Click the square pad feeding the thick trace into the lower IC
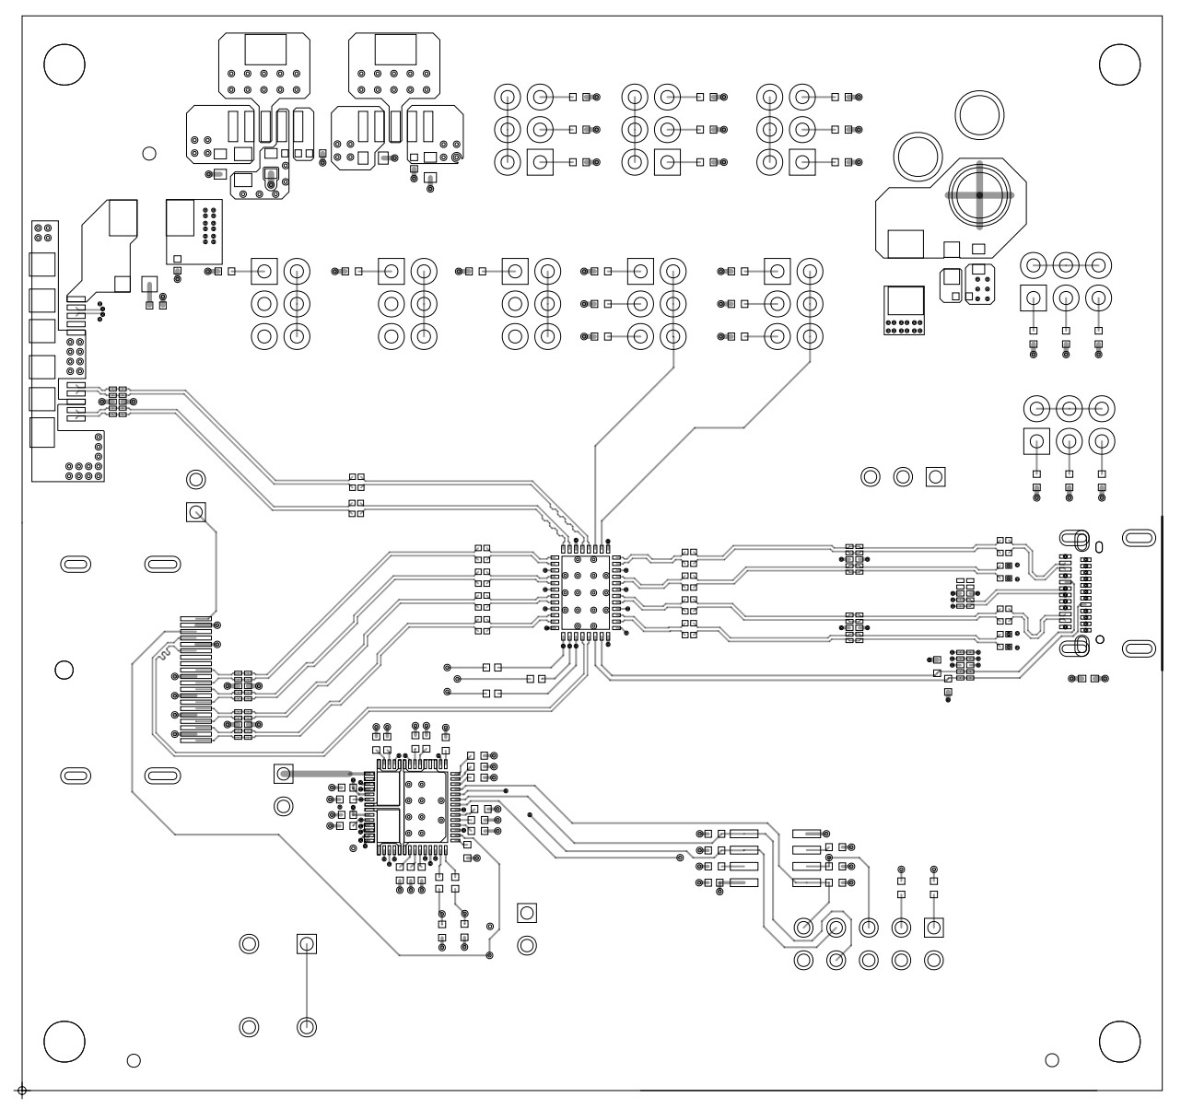click(x=283, y=772)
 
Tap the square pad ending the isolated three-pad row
click(x=936, y=476)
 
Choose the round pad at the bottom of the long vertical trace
click(x=307, y=1026)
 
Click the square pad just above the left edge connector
click(x=195, y=512)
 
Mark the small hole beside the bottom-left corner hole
click(x=134, y=1060)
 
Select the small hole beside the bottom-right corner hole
click(x=1052, y=1060)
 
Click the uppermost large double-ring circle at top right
click(x=979, y=114)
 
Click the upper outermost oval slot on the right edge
click(x=1139, y=537)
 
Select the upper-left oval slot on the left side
click(x=76, y=564)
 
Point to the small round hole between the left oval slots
click(x=64, y=669)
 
